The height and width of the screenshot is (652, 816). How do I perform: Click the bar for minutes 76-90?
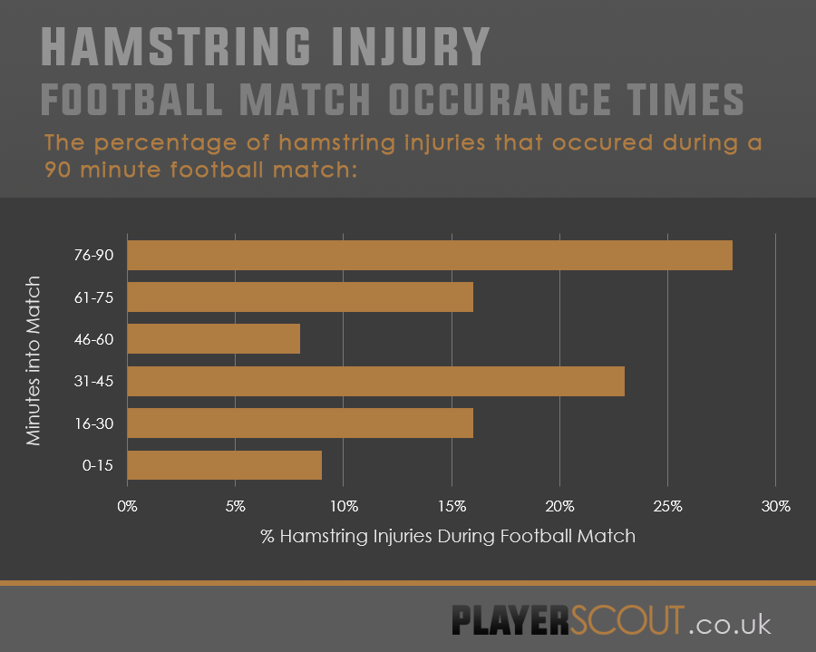tap(429, 256)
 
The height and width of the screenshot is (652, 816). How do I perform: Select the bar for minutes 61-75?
tap(300, 297)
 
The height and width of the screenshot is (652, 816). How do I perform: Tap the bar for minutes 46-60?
tap(213, 339)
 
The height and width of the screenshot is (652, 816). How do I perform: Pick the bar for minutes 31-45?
tap(375, 381)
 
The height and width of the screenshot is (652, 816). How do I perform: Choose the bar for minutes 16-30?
tap(300, 423)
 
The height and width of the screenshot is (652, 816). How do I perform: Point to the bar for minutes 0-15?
tap(224, 464)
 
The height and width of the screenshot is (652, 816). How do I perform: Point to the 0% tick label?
tap(128, 506)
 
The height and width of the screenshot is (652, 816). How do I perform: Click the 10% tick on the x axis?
tap(344, 506)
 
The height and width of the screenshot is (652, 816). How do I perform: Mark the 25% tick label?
tap(667, 506)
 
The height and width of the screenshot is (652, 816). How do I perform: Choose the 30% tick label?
tap(775, 506)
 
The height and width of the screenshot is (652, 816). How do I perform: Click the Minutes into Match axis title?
tap(34, 360)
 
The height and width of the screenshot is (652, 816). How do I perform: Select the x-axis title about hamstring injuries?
tap(448, 536)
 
